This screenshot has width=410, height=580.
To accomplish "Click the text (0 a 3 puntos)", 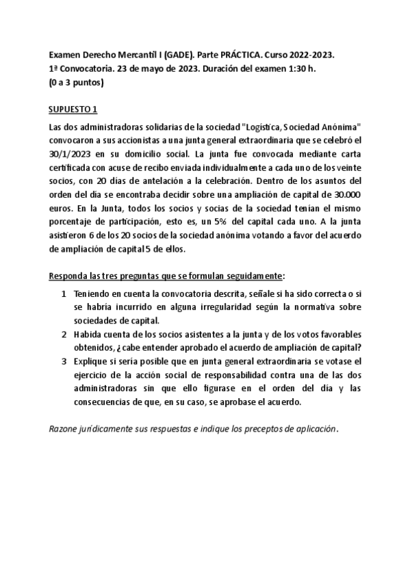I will point(77,83).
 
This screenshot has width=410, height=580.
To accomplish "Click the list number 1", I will point(64,294).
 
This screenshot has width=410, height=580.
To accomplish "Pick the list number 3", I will point(64,361).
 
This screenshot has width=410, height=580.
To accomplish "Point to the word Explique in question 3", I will point(92,361).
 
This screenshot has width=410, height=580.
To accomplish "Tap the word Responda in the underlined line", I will point(72,277).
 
